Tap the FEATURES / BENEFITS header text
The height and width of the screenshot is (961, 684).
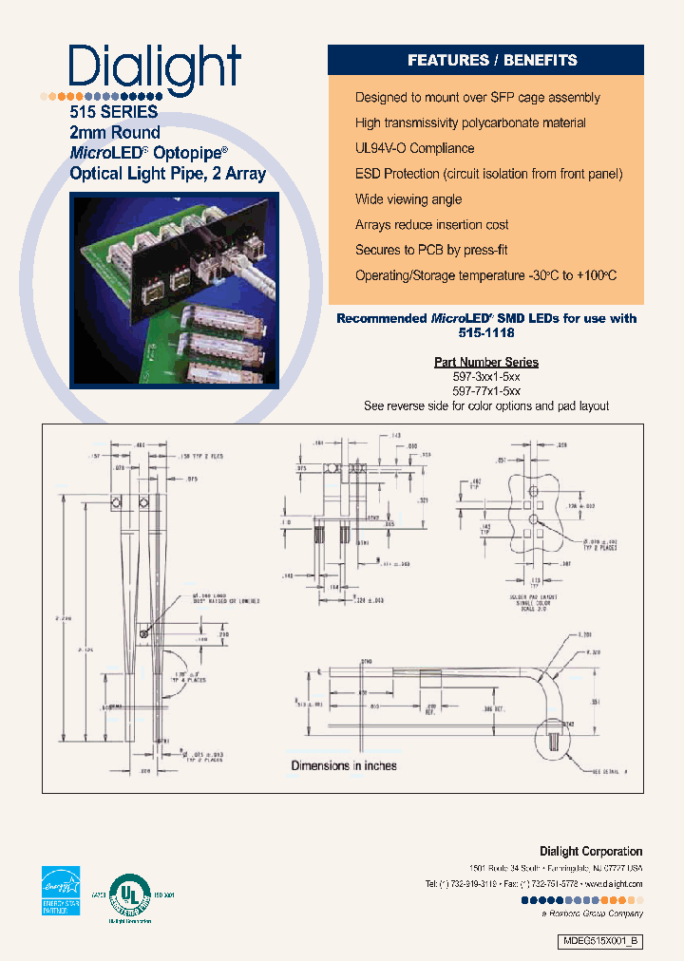point(492,60)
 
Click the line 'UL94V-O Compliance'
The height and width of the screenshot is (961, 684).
point(414,148)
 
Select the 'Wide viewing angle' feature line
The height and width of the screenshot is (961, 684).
point(408,199)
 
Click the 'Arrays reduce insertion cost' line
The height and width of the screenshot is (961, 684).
point(431,225)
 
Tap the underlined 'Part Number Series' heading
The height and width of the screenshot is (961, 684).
point(486,362)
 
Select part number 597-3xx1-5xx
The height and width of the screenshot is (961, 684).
point(486,376)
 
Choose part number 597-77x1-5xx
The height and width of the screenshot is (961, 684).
point(486,390)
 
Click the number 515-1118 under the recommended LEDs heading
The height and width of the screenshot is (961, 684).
point(486,334)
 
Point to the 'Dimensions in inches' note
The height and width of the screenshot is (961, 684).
point(344,765)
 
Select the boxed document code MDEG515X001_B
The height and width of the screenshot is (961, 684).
point(600,940)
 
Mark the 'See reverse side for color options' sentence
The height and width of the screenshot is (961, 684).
point(486,405)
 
